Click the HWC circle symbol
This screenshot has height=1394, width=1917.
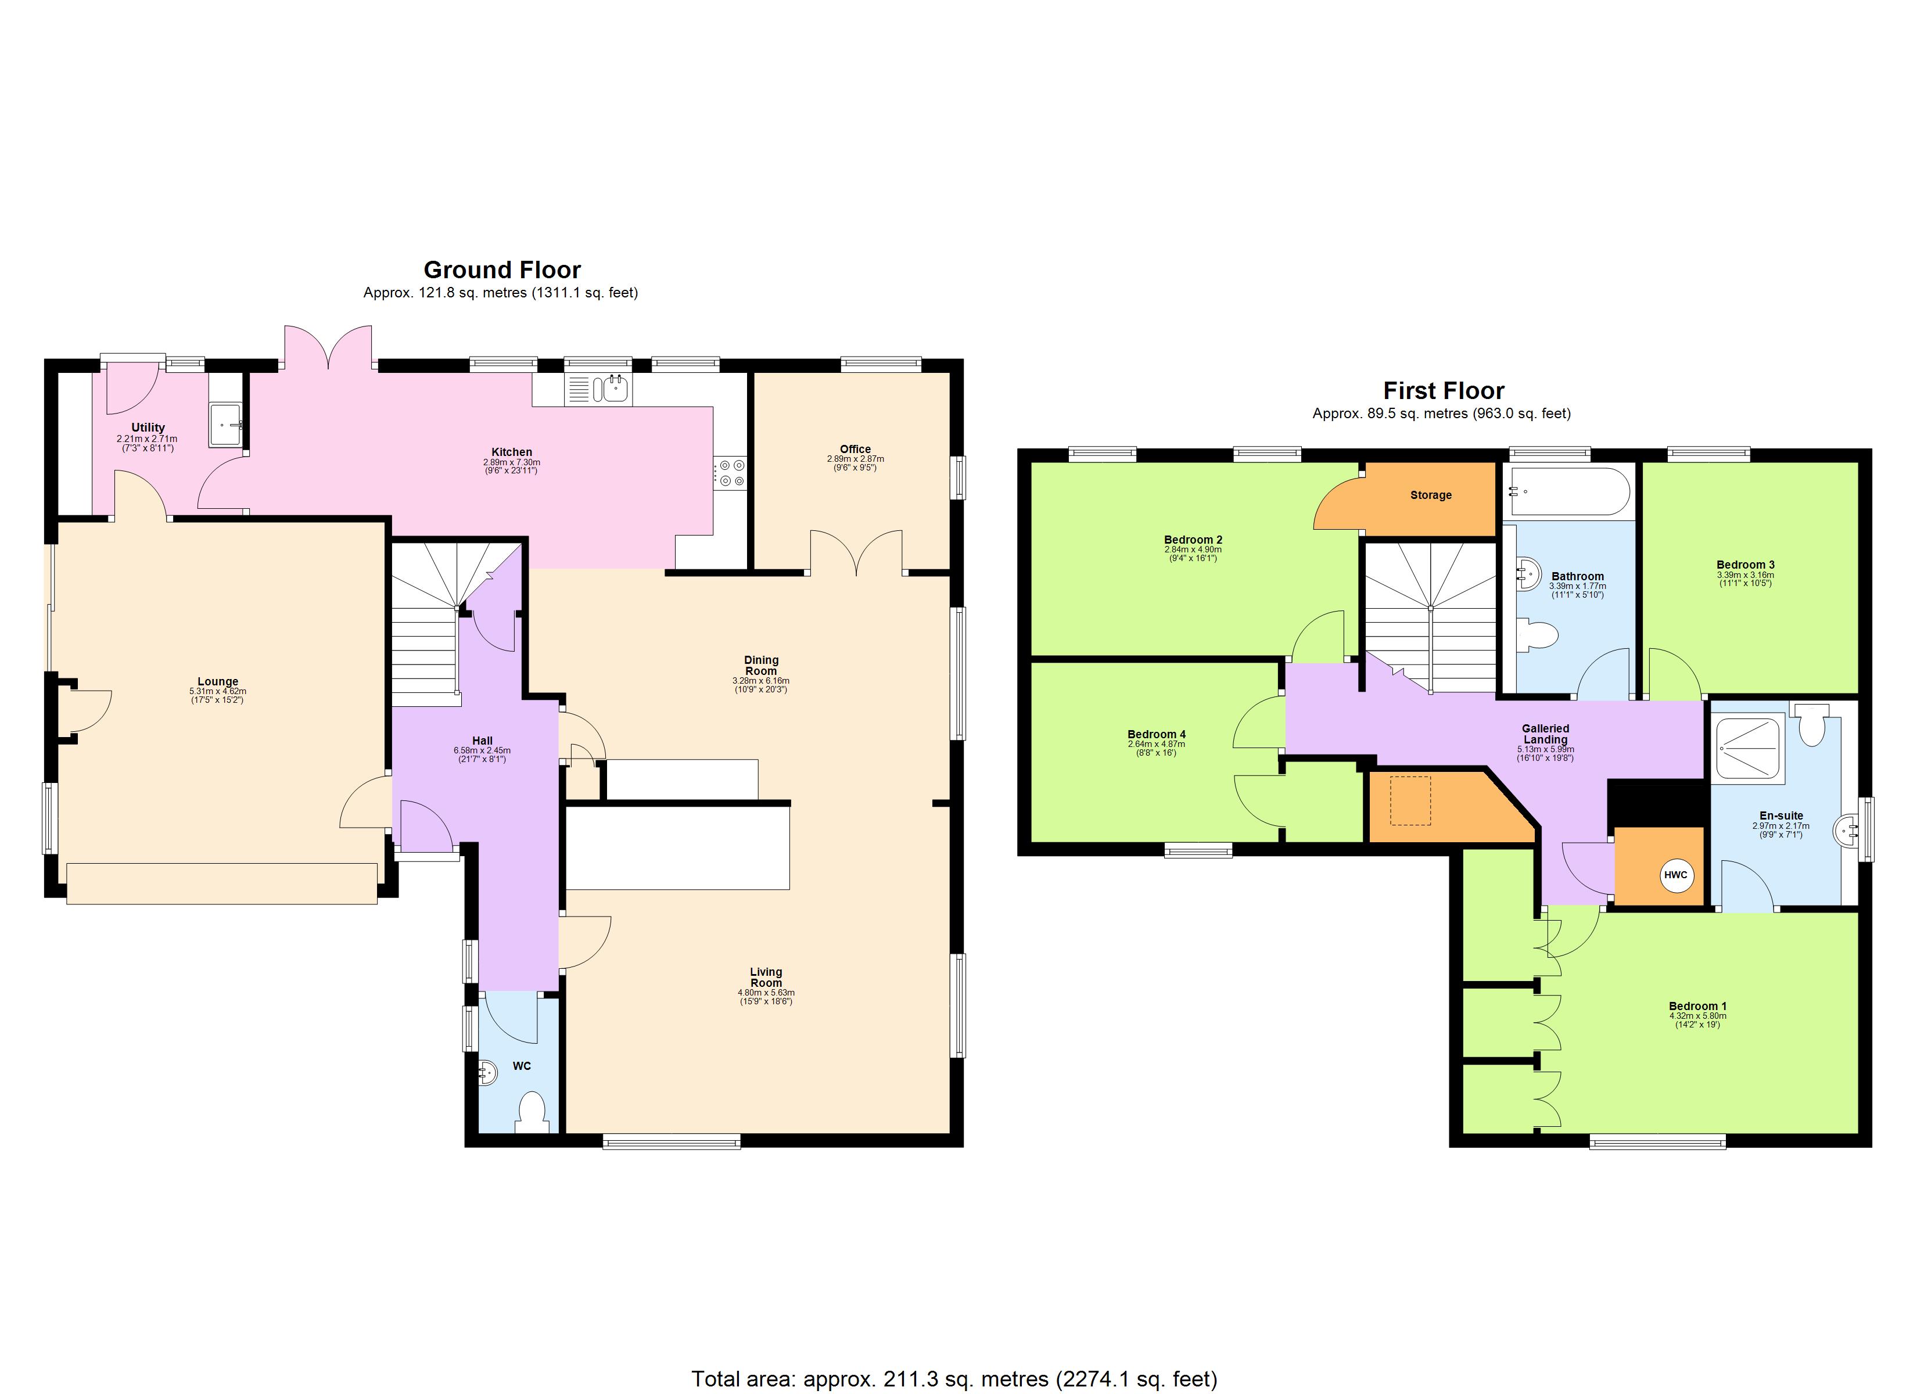pyautogui.click(x=1675, y=875)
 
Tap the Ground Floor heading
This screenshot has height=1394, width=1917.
pyautogui.click(x=502, y=270)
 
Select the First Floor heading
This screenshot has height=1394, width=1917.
pyautogui.click(x=1444, y=390)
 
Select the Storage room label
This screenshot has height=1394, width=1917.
pyautogui.click(x=1430, y=495)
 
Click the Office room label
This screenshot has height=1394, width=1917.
pyautogui.click(x=855, y=449)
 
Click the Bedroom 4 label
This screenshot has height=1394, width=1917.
pyautogui.click(x=1155, y=734)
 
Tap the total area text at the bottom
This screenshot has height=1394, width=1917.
pyautogui.click(x=954, y=1379)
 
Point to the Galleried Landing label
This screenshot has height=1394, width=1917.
pyautogui.click(x=1545, y=733)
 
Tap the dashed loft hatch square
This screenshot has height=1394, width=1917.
pyautogui.click(x=1410, y=800)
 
